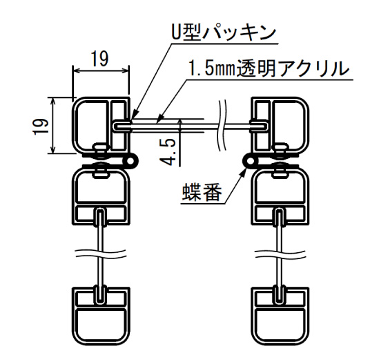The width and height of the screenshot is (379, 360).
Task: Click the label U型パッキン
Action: [x=224, y=32]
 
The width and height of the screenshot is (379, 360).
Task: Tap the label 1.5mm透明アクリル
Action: [x=269, y=68]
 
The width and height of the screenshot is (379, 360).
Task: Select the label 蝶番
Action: [x=202, y=192]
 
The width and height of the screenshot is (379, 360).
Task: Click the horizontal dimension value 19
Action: [x=100, y=59]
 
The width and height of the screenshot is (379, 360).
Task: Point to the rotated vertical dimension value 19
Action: [x=40, y=126]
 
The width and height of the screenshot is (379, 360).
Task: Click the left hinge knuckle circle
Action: [x=132, y=160]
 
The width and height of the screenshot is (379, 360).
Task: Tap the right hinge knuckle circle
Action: [x=251, y=160]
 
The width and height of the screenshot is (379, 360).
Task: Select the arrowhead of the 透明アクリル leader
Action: [x=159, y=120]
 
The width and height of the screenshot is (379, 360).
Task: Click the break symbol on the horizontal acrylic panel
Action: [x=223, y=126]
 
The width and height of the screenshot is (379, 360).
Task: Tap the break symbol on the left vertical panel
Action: [x=101, y=254]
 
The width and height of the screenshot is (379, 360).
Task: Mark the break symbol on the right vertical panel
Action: [x=281, y=254]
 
